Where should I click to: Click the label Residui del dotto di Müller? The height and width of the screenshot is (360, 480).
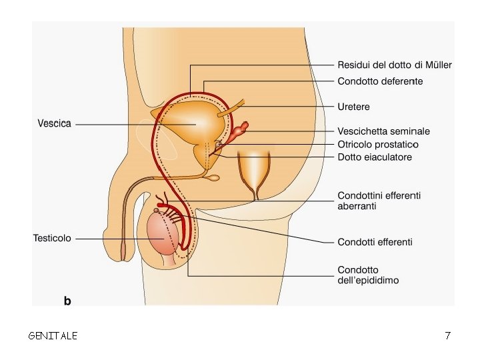(395, 65)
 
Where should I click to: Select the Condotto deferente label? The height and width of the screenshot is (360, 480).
(380, 81)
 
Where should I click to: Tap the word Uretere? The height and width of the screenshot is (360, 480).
(353, 107)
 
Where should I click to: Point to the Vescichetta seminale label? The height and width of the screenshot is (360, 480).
(383, 131)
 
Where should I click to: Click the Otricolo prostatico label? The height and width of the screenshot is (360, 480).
(378, 144)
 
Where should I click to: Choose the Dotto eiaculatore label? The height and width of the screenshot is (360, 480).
(375, 157)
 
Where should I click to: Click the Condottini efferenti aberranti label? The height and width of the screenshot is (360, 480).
(379, 201)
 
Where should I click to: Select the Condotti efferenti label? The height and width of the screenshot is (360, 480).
(375, 241)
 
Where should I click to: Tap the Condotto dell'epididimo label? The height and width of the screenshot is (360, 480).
(368, 275)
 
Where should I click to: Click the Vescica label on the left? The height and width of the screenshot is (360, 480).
(54, 123)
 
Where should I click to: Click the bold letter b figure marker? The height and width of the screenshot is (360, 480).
(67, 301)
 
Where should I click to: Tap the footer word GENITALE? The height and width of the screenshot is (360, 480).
(53, 336)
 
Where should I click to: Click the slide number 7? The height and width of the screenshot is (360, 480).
(447, 336)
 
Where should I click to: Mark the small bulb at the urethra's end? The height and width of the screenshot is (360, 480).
(213, 178)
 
